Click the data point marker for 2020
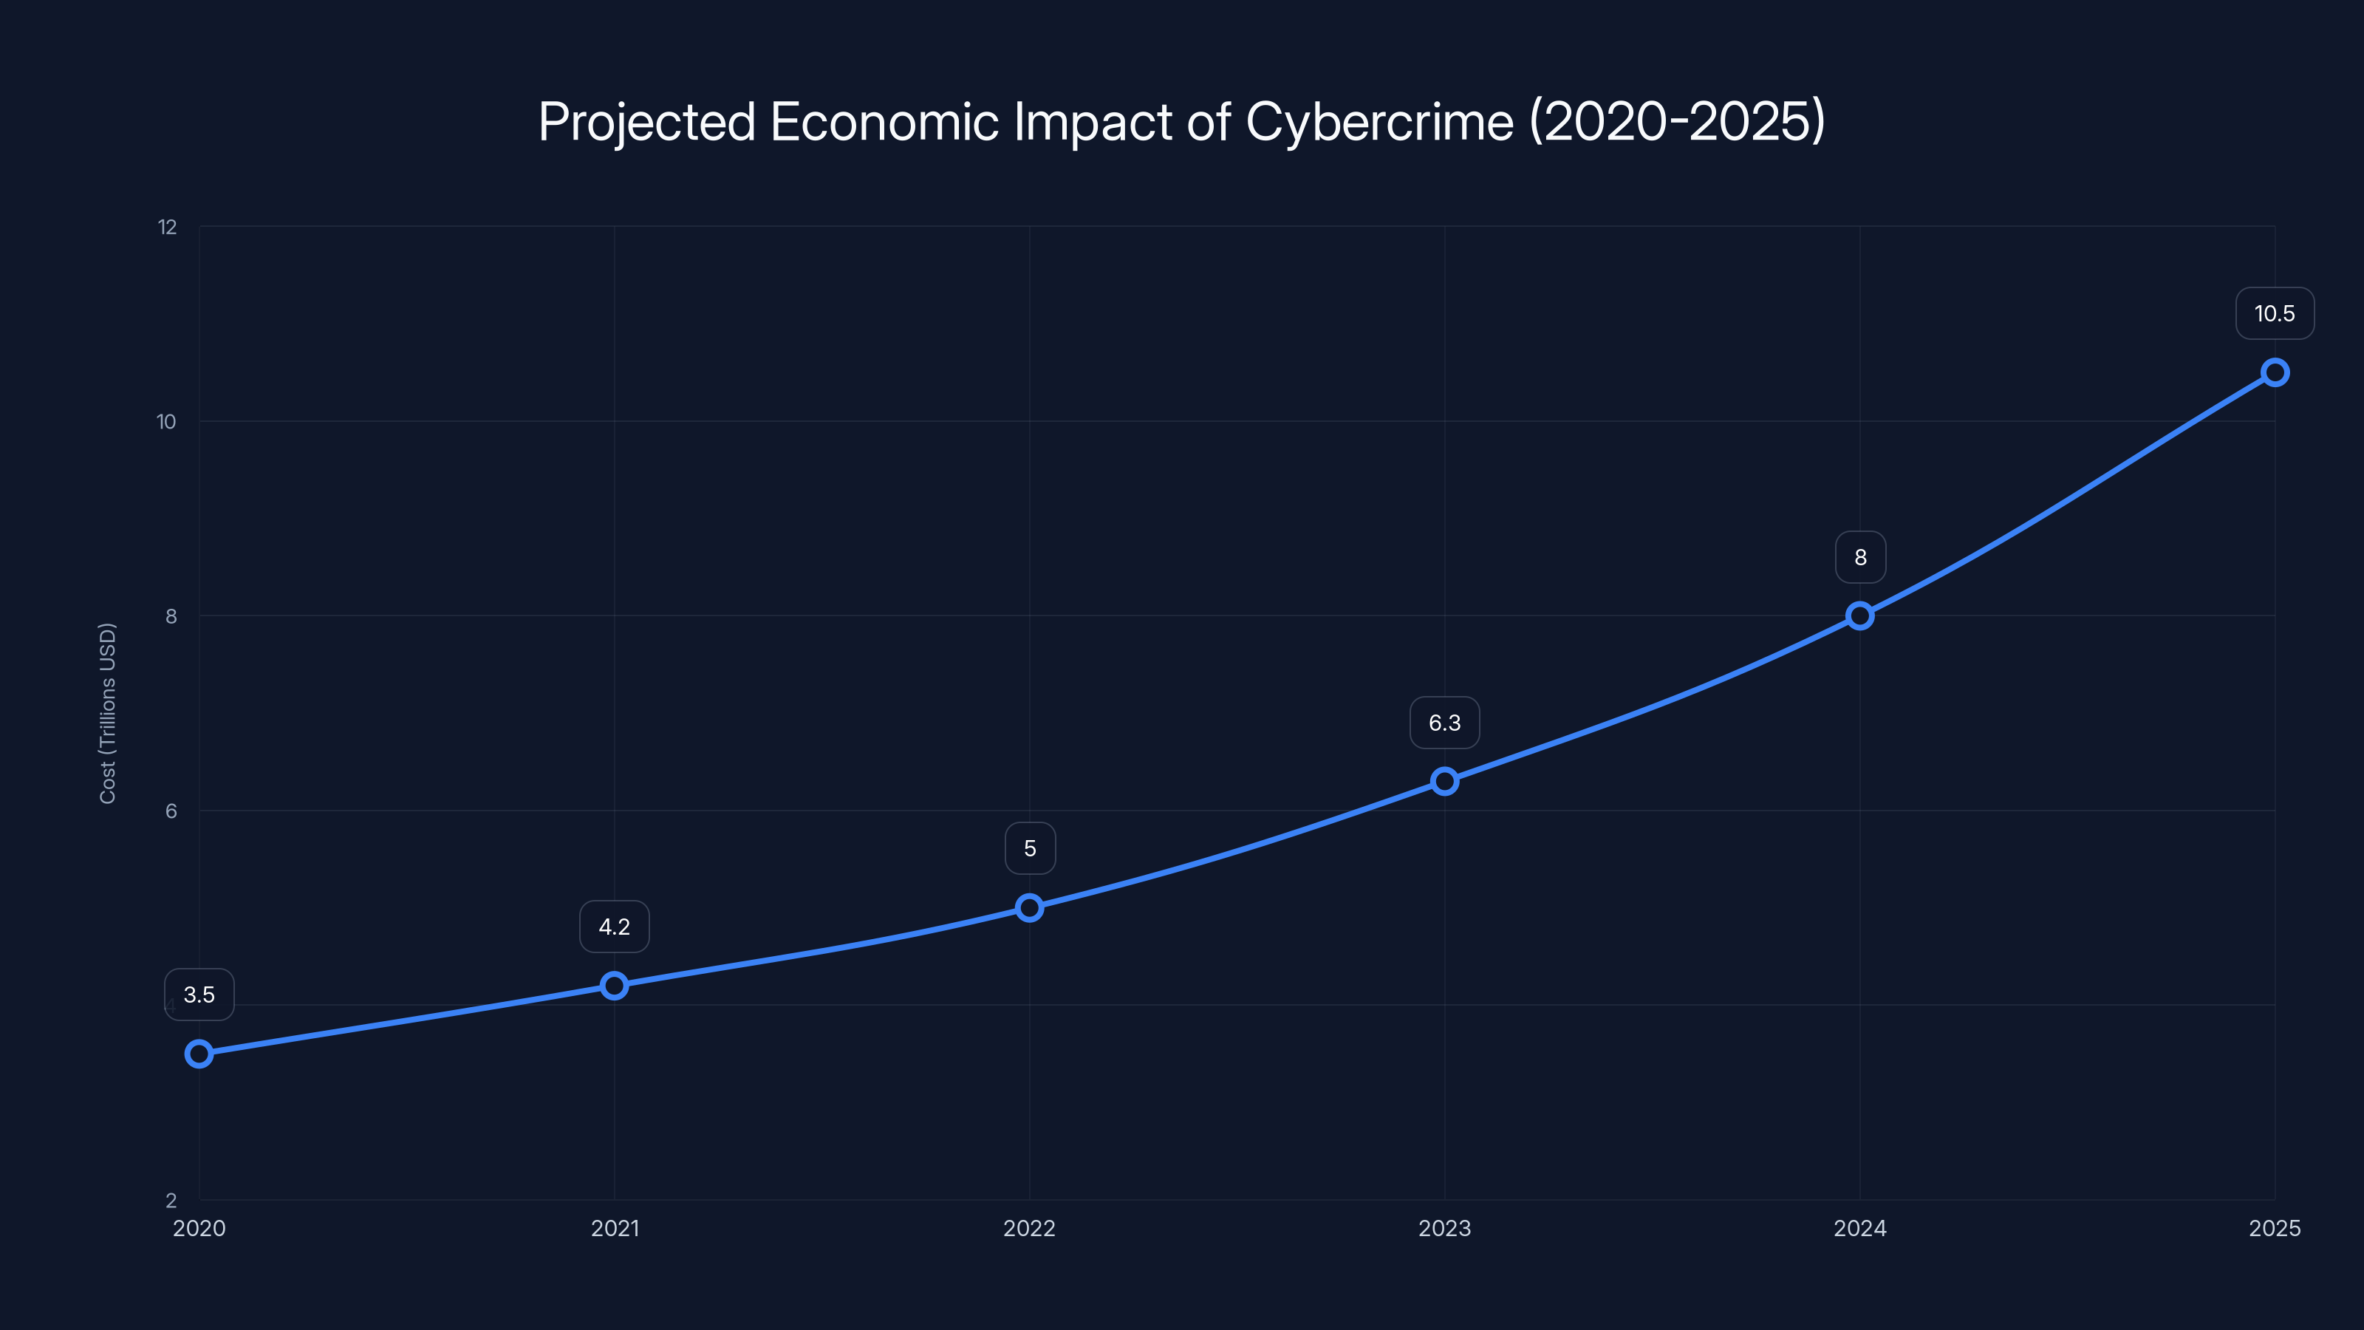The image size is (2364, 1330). (x=199, y=1054)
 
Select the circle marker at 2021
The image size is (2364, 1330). (x=614, y=986)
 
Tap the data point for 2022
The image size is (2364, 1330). (x=1030, y=908)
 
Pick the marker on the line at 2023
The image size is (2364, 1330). (x=1444, y=781)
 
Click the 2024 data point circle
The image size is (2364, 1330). (x=1860, y=616)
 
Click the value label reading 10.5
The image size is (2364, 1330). (x=2274, y=314)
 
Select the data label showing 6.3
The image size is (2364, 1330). (x=1444, y=723)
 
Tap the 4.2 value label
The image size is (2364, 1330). (x=614, y=927)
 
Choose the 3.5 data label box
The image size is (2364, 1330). (x=199, y=995)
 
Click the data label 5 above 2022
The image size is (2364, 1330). (x=1030, y=848)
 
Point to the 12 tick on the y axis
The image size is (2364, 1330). (x=167, y=227)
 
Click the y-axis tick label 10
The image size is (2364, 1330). (x=166, y=421)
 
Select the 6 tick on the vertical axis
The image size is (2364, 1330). (x=171, y=811)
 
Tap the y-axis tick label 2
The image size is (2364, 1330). (x=171, y=1201)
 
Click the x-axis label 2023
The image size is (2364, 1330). (x=1444, y=1228)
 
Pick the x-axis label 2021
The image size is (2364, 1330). (x=614, y=1228)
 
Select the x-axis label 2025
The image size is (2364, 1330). (x=2274, y=1228)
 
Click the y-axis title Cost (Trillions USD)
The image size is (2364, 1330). (x=107, y=713)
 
